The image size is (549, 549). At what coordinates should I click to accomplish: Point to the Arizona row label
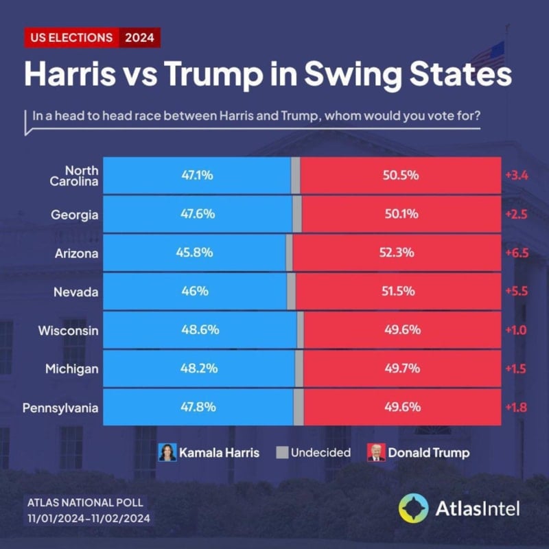tap(77, 253)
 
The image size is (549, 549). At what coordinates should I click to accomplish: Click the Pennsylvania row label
tap(60, 408)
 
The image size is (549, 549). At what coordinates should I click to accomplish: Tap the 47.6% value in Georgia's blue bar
tap(198, 213)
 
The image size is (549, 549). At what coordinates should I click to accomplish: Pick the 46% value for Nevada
tap(194, 291)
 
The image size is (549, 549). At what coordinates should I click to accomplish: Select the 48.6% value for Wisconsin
tap(200, 330)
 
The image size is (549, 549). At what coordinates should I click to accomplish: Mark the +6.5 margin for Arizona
tap(517, 253)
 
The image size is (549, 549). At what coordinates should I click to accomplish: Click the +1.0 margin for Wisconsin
tap(517, 330)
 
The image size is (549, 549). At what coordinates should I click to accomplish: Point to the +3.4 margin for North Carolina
tap(517, 175)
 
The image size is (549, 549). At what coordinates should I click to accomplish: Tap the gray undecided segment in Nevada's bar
tap(291, 291)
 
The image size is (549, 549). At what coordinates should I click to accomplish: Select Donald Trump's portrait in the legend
tap(376, 452)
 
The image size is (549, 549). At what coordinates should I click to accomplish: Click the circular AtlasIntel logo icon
tap(413, 508)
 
